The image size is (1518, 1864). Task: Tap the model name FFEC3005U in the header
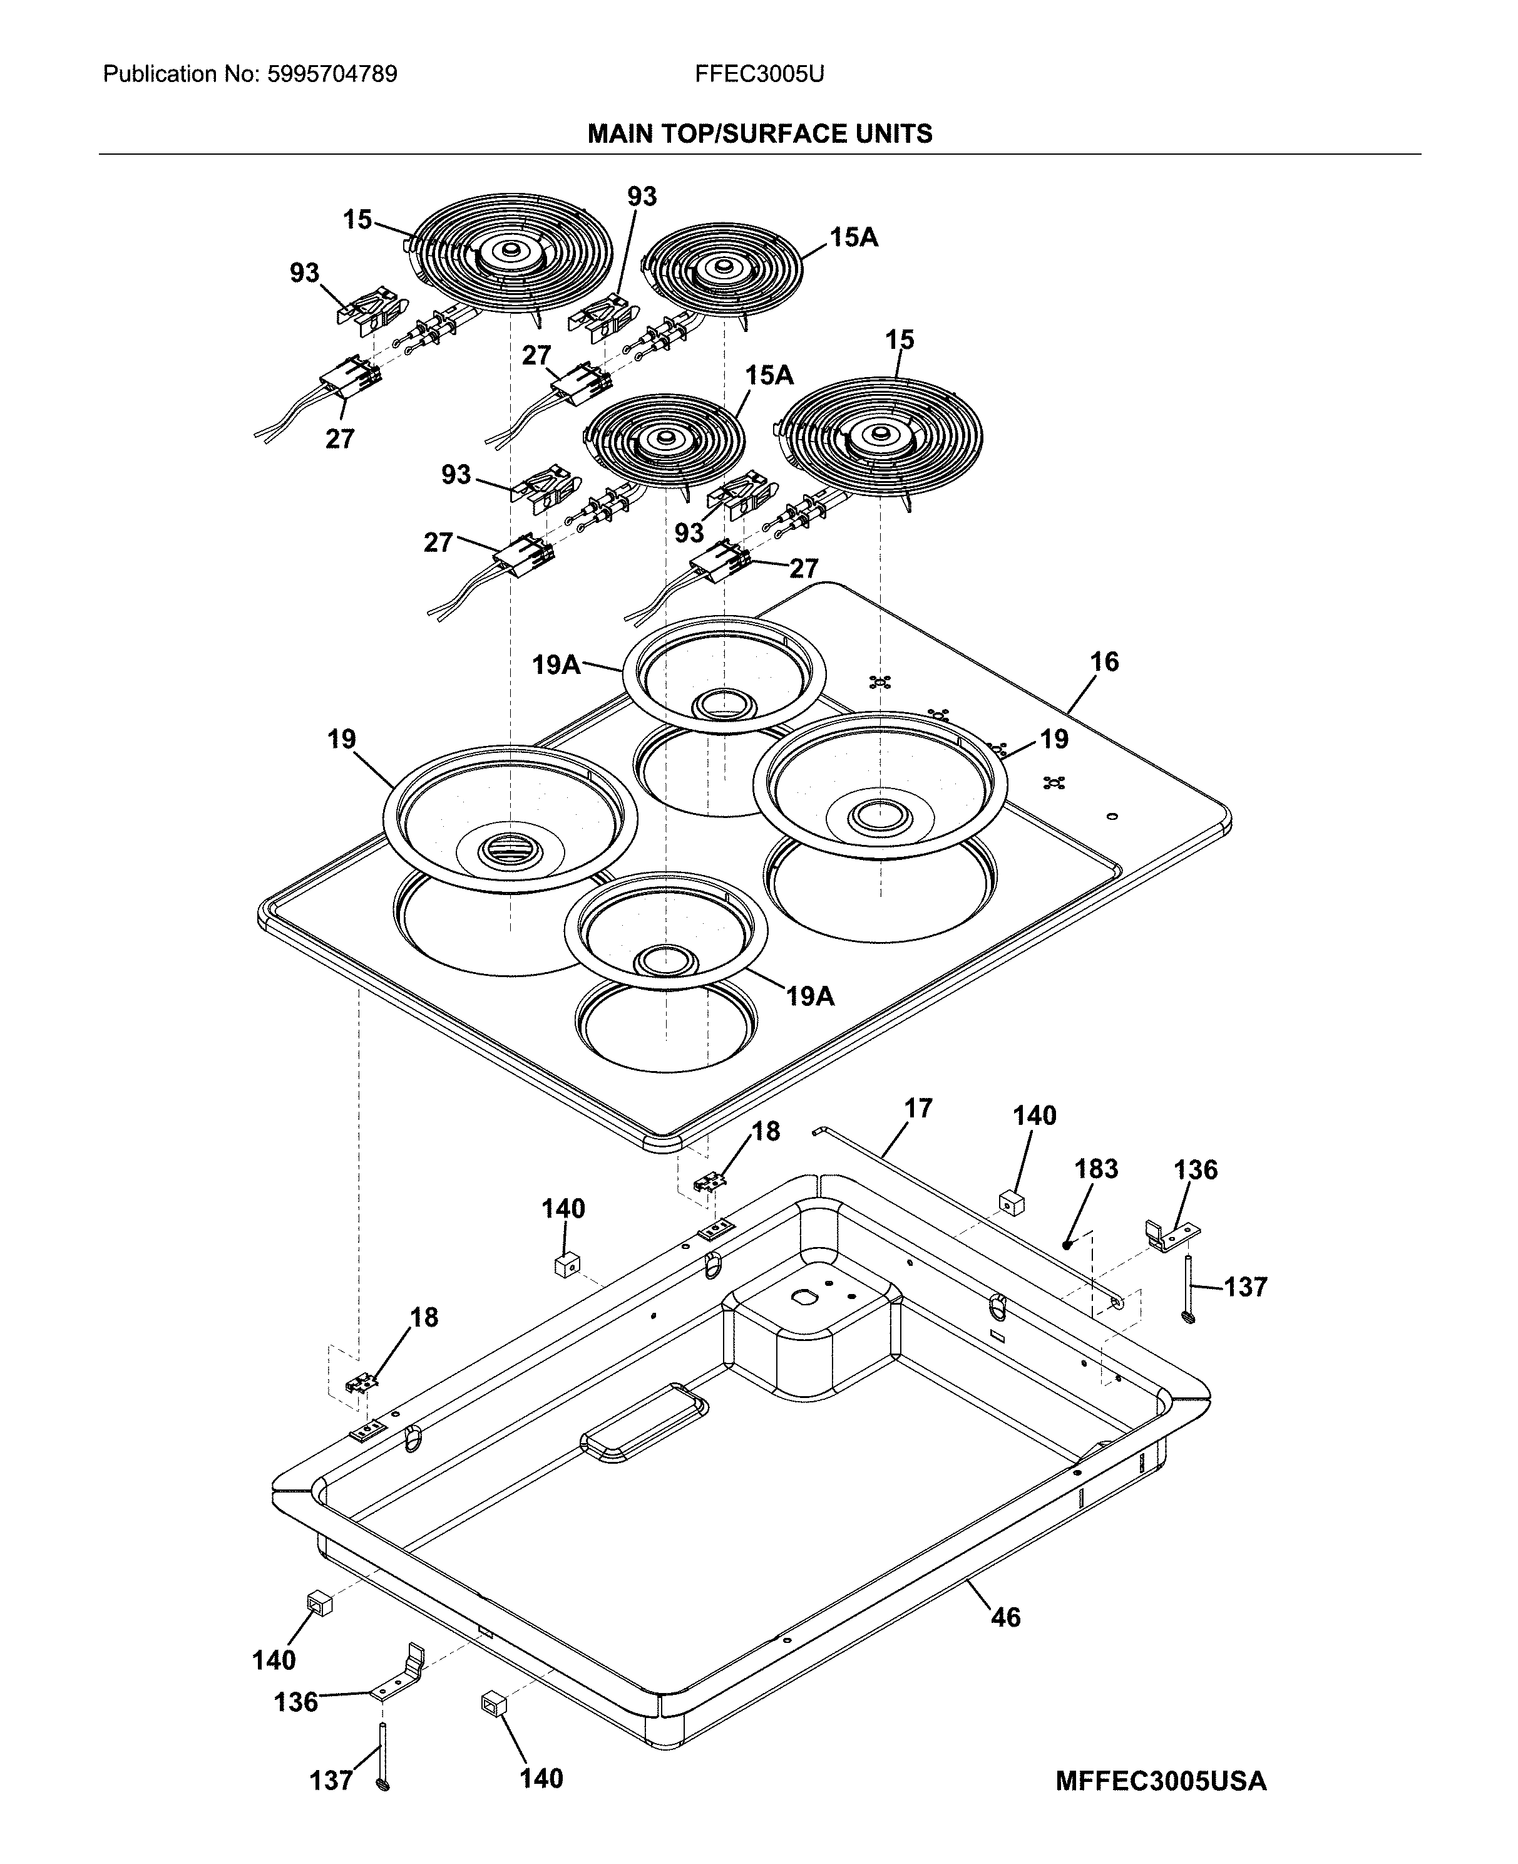759,75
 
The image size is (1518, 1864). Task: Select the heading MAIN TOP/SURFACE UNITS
759,134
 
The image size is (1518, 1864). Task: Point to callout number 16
1104,662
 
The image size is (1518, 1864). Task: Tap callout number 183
1095,1169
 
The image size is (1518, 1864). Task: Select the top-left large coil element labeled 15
511,254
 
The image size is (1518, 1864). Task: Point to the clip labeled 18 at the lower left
362,1383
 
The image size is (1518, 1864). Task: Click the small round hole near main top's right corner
1111,816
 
